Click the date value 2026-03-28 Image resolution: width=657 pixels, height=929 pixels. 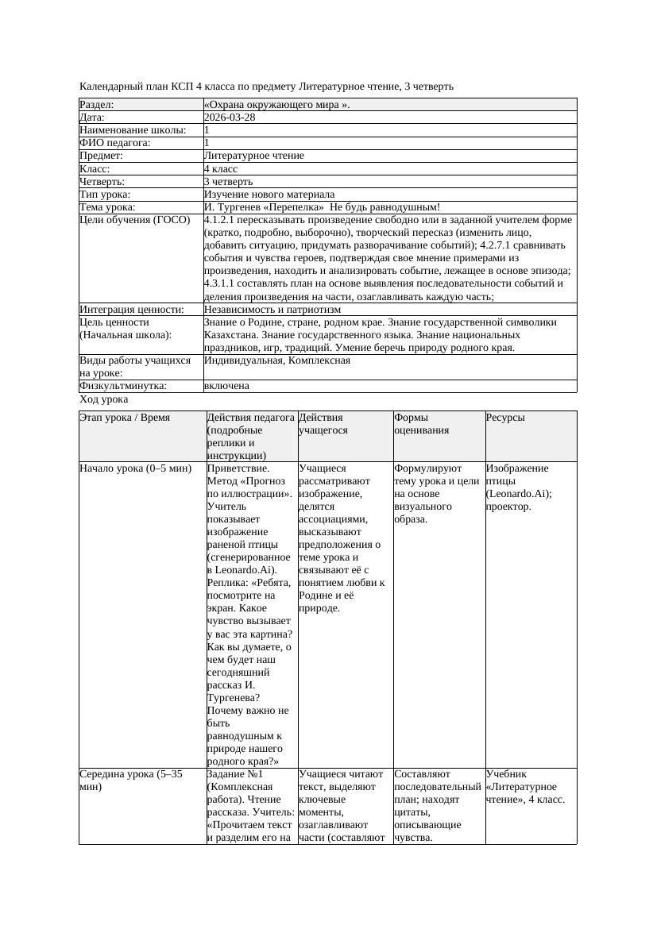tap(230, 118)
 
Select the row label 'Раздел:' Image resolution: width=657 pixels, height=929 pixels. tap(97, 105)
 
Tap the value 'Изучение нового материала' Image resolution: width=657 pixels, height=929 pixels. tap(269, 195)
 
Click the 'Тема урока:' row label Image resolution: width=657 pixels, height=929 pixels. tap(108, 207)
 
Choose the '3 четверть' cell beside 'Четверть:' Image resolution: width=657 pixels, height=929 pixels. tap(228, 182)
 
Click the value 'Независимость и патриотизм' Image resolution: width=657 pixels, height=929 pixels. tap(272, 310)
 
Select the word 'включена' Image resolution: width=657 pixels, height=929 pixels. tap(226, 386)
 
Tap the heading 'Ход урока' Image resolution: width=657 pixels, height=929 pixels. tap(104, 400)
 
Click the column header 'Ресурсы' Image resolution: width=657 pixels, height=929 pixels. tap(505, 418)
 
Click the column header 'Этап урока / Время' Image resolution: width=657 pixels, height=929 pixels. tap(125, 418)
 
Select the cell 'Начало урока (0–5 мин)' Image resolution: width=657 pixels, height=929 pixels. tap(136, 468)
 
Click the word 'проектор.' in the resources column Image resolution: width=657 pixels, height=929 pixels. tap(508, 507)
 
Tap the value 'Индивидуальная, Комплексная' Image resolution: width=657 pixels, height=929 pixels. tap(277, 360)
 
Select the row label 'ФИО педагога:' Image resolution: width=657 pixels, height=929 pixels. tap(115, 143)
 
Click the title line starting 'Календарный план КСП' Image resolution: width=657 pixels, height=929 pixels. tap(267, 86)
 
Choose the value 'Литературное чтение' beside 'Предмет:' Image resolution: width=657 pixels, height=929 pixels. tap(254, 156)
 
